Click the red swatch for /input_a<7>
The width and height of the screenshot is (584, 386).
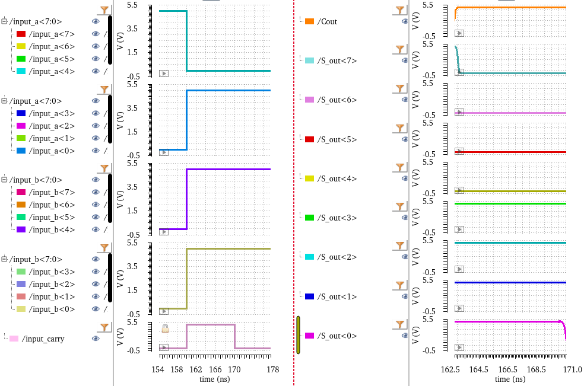(x=21, y=34)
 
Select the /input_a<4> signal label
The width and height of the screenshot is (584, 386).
(x=52, y=71)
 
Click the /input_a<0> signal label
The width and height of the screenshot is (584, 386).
(x=52, y=151)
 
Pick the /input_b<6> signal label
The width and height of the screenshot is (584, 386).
(x=52, y=205)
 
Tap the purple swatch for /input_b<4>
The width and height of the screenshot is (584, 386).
(x=21, y=229)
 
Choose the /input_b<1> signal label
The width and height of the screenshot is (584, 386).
(x=52, y=296)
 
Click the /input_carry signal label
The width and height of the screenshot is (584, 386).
(x=43, y=339)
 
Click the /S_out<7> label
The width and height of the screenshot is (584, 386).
(x=337, y=60)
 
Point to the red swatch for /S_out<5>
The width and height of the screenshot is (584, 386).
(x=309, y=139)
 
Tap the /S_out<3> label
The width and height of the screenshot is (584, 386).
(x=337, y=218)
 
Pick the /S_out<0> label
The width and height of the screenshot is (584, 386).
(x=337, y=336)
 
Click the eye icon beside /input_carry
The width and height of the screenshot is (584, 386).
(x=96, y=339)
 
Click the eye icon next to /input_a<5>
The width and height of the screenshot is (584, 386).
(x=96, y=59)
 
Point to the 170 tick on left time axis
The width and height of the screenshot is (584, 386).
(x=234, y=369)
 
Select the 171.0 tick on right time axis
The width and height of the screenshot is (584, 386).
(x=566, y=369)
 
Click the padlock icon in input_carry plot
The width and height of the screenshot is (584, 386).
(x=166, y=328)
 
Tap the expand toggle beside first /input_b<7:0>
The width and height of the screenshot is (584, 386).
(x=4, y=180)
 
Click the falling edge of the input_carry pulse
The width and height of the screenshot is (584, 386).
(x=234, y=336)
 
